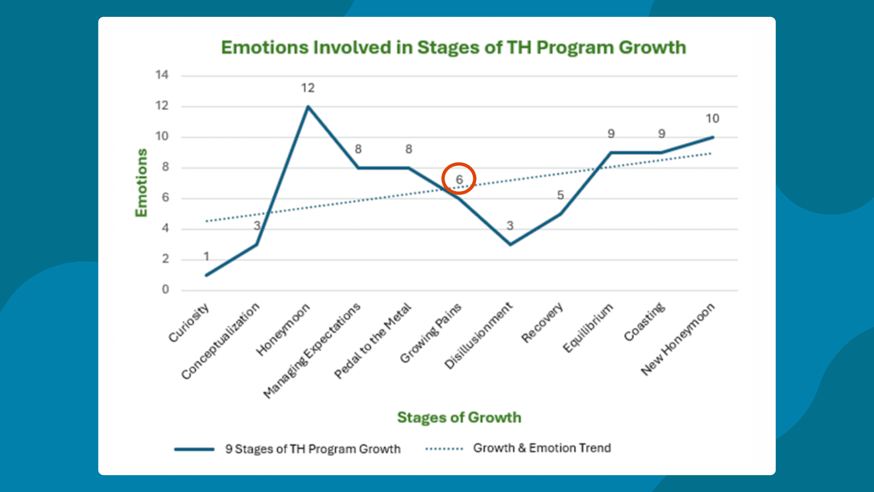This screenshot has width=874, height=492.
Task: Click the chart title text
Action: [453, 47]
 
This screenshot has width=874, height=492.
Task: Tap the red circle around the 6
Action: [459, 179]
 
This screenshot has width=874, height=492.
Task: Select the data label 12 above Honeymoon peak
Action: [308, 88]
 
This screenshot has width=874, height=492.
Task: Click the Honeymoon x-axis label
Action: [283, 329]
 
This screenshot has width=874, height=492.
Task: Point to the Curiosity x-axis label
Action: [189, 322]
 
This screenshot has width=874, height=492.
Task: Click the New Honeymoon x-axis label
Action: [677, 339]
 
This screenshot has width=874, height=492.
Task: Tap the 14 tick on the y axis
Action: [162, 75]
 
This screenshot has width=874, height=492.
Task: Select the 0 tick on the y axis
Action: [165, 289]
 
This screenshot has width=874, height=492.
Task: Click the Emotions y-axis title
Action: [142, 183]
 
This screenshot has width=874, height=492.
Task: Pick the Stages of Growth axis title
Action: [459, 417]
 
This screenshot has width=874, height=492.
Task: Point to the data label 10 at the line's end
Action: [712, 119]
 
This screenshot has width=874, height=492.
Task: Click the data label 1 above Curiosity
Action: [206, 256]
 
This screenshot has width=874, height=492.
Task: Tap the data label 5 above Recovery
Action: [560, 195]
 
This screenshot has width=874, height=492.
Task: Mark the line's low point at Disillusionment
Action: [510, 245]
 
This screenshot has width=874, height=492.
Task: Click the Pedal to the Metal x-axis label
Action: [373, 340]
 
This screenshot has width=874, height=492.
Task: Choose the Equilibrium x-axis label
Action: [588, 328]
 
